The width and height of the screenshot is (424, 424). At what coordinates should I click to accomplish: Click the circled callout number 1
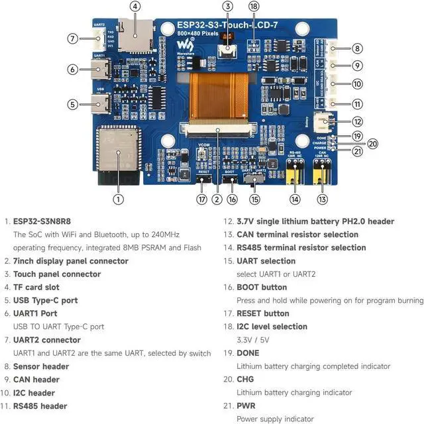(x=117, y=197)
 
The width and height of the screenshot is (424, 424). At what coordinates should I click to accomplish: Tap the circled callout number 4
(x=135, y=7)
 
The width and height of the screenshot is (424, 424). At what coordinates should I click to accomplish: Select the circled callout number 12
(x=357, y=121)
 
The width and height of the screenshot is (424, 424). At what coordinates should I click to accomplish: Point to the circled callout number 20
(x=372, y=143)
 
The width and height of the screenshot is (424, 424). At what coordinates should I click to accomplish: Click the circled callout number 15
(x=255, y=198)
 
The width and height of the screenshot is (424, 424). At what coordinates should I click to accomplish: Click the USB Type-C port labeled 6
(x=102, y=68)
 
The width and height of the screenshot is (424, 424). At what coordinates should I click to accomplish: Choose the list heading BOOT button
(x=262, y=287)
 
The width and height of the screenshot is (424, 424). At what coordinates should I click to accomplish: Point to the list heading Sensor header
(x=41, y=366)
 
